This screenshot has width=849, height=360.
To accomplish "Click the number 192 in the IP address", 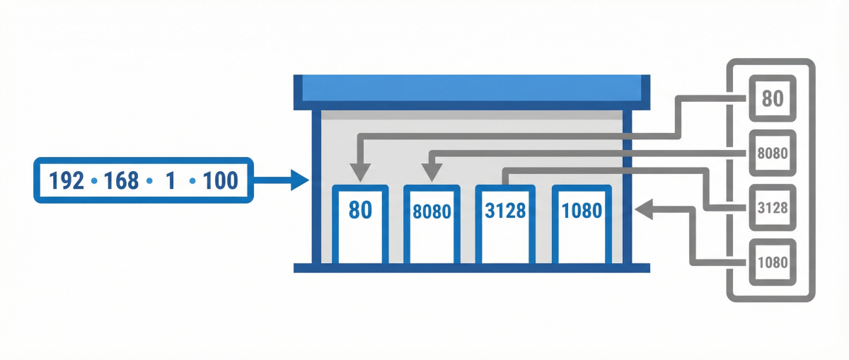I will (x=67, y=181).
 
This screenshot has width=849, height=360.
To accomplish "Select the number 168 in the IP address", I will (x=122, y=181).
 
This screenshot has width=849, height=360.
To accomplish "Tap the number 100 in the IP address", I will (x=220, y=181).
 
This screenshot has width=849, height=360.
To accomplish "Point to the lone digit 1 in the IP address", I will (x=170, y=181).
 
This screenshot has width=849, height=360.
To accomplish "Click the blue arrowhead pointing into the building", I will (x=300, y=181).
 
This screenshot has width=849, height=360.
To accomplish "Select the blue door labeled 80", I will (x=360, y=223).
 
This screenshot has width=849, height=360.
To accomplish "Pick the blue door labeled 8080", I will (x=432, y=223).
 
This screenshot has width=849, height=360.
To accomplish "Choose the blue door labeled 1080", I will (x=580, y=223).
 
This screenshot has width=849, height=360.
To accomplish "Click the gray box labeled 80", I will (x=773, y=98).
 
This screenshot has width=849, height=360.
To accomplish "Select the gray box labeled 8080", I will (x=773, y=153).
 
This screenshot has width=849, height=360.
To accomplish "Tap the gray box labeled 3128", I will (x=773, y=208).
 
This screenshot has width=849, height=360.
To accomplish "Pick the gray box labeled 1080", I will (x=773, y=262).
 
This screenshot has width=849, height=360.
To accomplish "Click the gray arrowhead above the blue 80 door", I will (x=360, y=172).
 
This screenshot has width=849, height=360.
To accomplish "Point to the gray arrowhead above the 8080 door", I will (x=432, y=172).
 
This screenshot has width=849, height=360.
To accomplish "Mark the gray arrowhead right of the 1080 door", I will (x=644, y=209).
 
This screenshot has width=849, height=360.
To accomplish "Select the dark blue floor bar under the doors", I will (x=470, y=267).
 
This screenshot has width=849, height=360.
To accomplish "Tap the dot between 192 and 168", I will (x=94, y=182).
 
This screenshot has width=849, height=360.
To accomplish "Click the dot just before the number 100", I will (x=192, y=182).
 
